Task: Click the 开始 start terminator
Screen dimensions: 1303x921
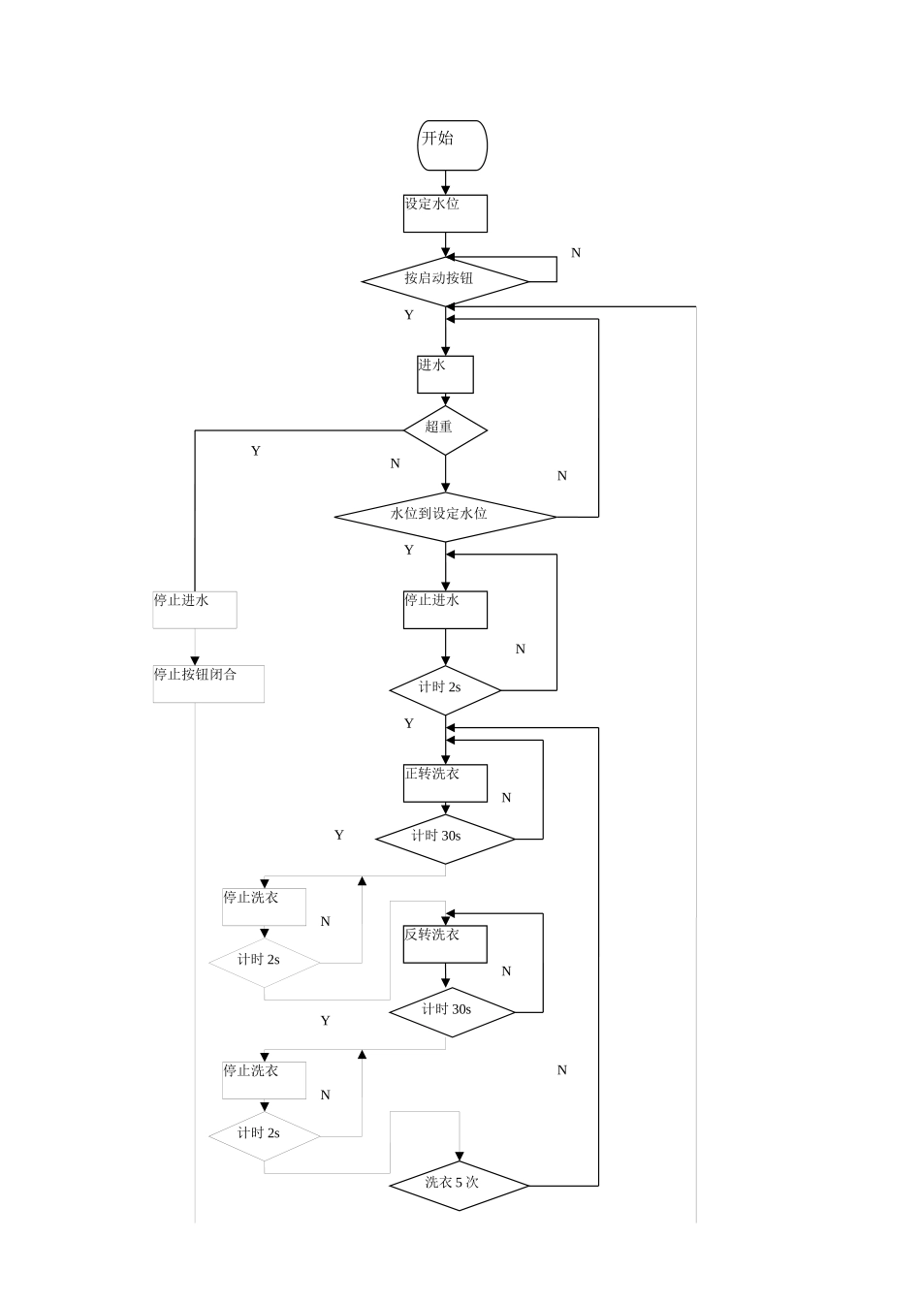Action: [x=452, y=145]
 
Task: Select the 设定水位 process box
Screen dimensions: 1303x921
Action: [x=445, y=213]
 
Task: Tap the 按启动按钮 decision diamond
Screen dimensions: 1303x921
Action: [x=445, y=281]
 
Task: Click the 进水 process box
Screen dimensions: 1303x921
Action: [x=445, y=374]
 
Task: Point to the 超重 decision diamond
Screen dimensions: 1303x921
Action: [x=445, y=429]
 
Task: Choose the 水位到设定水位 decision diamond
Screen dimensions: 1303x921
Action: [x=445, y=516]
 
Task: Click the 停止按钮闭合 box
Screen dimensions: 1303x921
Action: [x=208, y=683]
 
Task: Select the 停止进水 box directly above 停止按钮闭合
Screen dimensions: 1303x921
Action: [x=195, y=610]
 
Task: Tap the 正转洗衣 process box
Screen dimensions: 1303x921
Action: [x=445, y=783]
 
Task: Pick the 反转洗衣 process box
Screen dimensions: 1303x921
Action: [x=445, y=944]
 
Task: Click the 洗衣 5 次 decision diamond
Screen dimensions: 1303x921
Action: [x=459, y=1185]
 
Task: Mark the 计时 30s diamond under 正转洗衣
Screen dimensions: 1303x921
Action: [x=445, y=839]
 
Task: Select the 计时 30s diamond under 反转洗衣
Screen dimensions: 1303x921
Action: [x=452, y=1012]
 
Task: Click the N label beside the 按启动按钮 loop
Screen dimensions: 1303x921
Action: [x=576, y=253]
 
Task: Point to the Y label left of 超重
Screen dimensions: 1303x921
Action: [x=256, y=451]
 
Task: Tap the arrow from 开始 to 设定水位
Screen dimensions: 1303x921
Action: [x=446, y=183]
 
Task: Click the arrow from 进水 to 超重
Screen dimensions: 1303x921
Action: [x=446, y=399]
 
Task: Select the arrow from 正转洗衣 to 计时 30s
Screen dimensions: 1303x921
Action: [x=446, y=809]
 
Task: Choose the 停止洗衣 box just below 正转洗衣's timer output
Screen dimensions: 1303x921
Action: [x=264, y=906]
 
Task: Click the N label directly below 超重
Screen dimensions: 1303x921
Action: [x=395, y=463]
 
